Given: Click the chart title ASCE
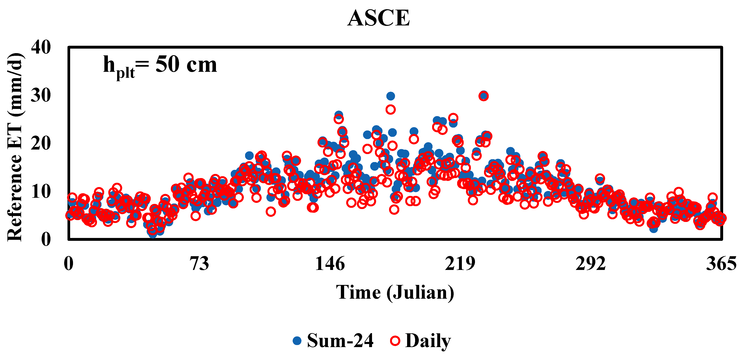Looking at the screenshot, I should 379,18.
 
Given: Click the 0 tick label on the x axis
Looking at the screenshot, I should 68,264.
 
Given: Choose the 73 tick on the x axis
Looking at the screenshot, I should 199,264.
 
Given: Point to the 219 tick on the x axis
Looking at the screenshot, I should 460,264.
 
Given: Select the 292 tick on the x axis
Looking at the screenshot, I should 590,264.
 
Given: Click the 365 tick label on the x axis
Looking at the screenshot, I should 721,264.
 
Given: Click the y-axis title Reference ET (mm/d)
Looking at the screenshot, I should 15,147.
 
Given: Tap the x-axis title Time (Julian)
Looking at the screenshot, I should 395,293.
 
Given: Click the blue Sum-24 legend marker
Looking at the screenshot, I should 297,341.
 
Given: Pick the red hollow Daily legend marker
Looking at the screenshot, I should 395,341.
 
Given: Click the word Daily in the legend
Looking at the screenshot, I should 428,341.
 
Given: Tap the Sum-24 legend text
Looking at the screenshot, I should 340,341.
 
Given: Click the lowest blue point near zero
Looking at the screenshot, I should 152,234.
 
